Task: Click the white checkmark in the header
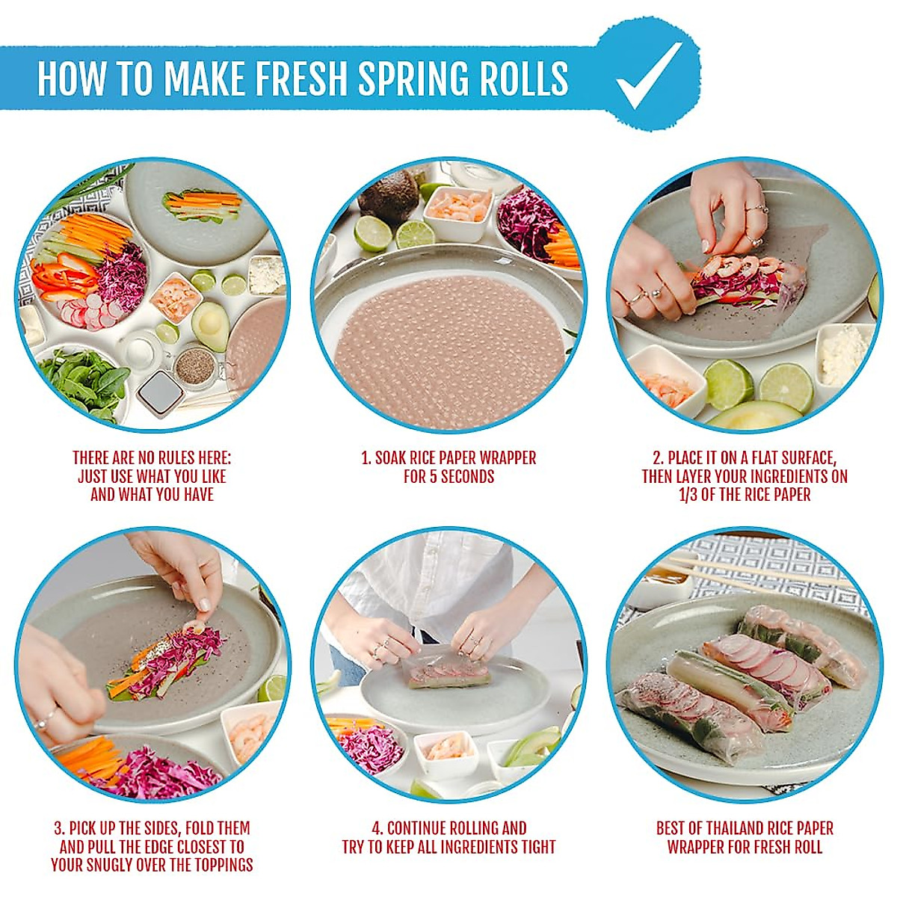pos(649,75)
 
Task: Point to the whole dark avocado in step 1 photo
pos(389,196)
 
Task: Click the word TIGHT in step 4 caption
pos(537,847)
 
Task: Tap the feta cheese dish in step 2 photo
pos(843,354)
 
